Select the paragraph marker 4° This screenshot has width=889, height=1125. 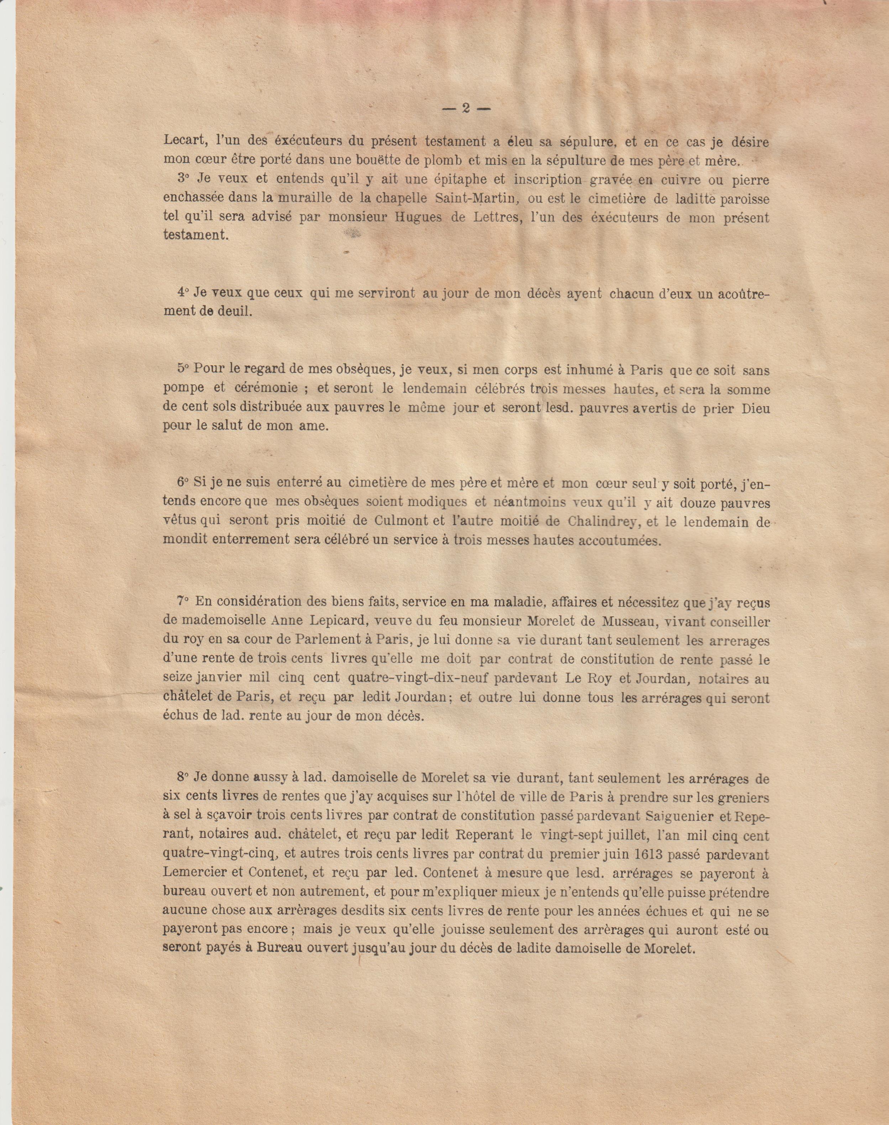[182, 293]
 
